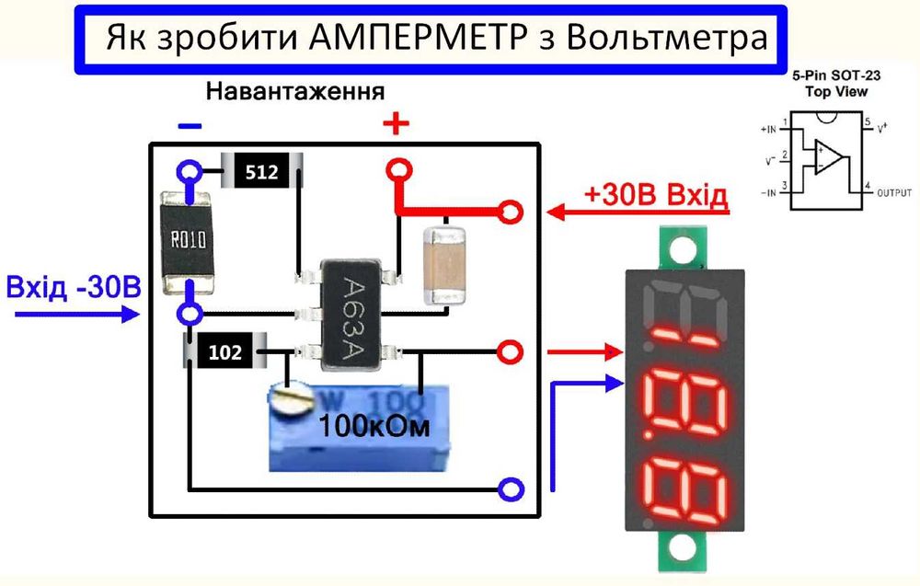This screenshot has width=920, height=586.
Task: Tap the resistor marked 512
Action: [261, 172]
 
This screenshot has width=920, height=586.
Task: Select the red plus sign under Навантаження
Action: [396, 123]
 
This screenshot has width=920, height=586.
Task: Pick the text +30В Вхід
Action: [655, 195]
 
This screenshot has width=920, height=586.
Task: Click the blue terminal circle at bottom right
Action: [510, 488]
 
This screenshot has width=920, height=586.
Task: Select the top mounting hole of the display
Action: [683, 248]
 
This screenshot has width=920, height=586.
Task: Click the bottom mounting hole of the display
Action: [683, 548]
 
